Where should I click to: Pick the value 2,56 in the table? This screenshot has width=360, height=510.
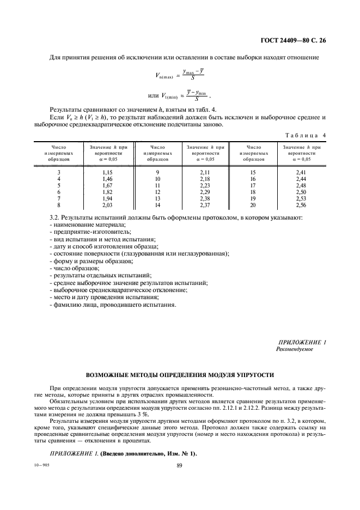click(301, 205)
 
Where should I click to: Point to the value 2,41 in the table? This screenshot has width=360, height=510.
click(301, 172)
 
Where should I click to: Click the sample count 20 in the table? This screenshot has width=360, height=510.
click(253, 205)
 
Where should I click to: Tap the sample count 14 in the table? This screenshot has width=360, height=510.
click(157, 205)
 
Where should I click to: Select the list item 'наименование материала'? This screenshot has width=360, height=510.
click(88, 224)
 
